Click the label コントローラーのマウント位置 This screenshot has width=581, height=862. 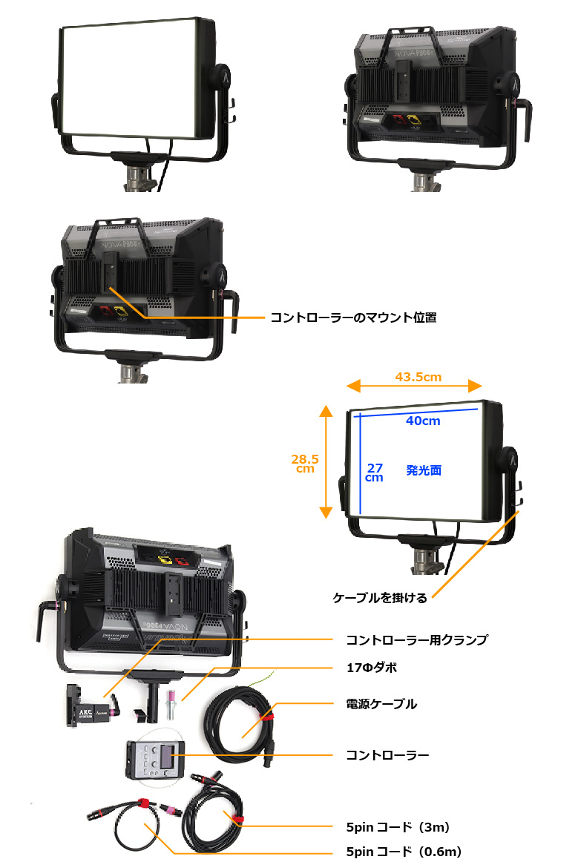click(x=353, y=318)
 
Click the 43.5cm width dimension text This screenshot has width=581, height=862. click(x=418, y=377)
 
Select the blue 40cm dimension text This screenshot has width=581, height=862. click(x=423, y=421)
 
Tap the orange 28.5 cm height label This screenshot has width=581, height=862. click(x=306, y=463)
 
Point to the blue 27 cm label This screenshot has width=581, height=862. click(x=375, y=473)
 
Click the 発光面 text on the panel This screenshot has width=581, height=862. click(x=424, y=470)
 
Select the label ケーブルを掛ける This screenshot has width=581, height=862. click(x=381, y=598)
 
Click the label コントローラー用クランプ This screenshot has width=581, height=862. click(x=417, y=639)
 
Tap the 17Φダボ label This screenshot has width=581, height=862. click(x=372, y=668)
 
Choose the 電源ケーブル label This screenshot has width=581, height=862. click(x=381, y=704)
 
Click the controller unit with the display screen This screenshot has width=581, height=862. click(x=154, y=760)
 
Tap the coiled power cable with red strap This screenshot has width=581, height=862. click(x=241, y=720)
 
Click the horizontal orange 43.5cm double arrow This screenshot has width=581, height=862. click(x=415, y=386)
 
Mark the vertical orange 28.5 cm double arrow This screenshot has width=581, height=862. click(x=324, y=461)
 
